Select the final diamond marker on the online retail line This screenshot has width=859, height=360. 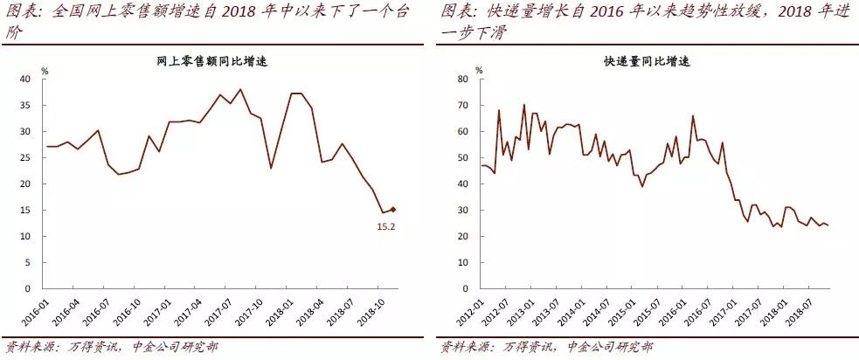click(x=394, y=210)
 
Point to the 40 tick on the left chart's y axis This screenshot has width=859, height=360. click(x=26, y=80)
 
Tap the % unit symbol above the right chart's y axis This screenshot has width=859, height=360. click(x=480, y=70)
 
